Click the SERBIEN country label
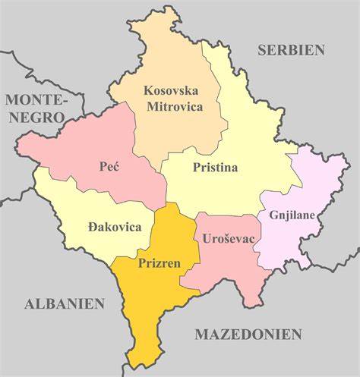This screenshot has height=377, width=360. click(290, 50)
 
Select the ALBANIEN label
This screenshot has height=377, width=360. click(64, 303)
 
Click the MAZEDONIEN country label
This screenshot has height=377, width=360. click(248, 334)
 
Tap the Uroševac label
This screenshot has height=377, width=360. click(228, 238)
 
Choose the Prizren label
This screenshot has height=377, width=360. click(159, 264)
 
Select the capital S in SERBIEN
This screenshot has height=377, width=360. click(262, 50)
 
